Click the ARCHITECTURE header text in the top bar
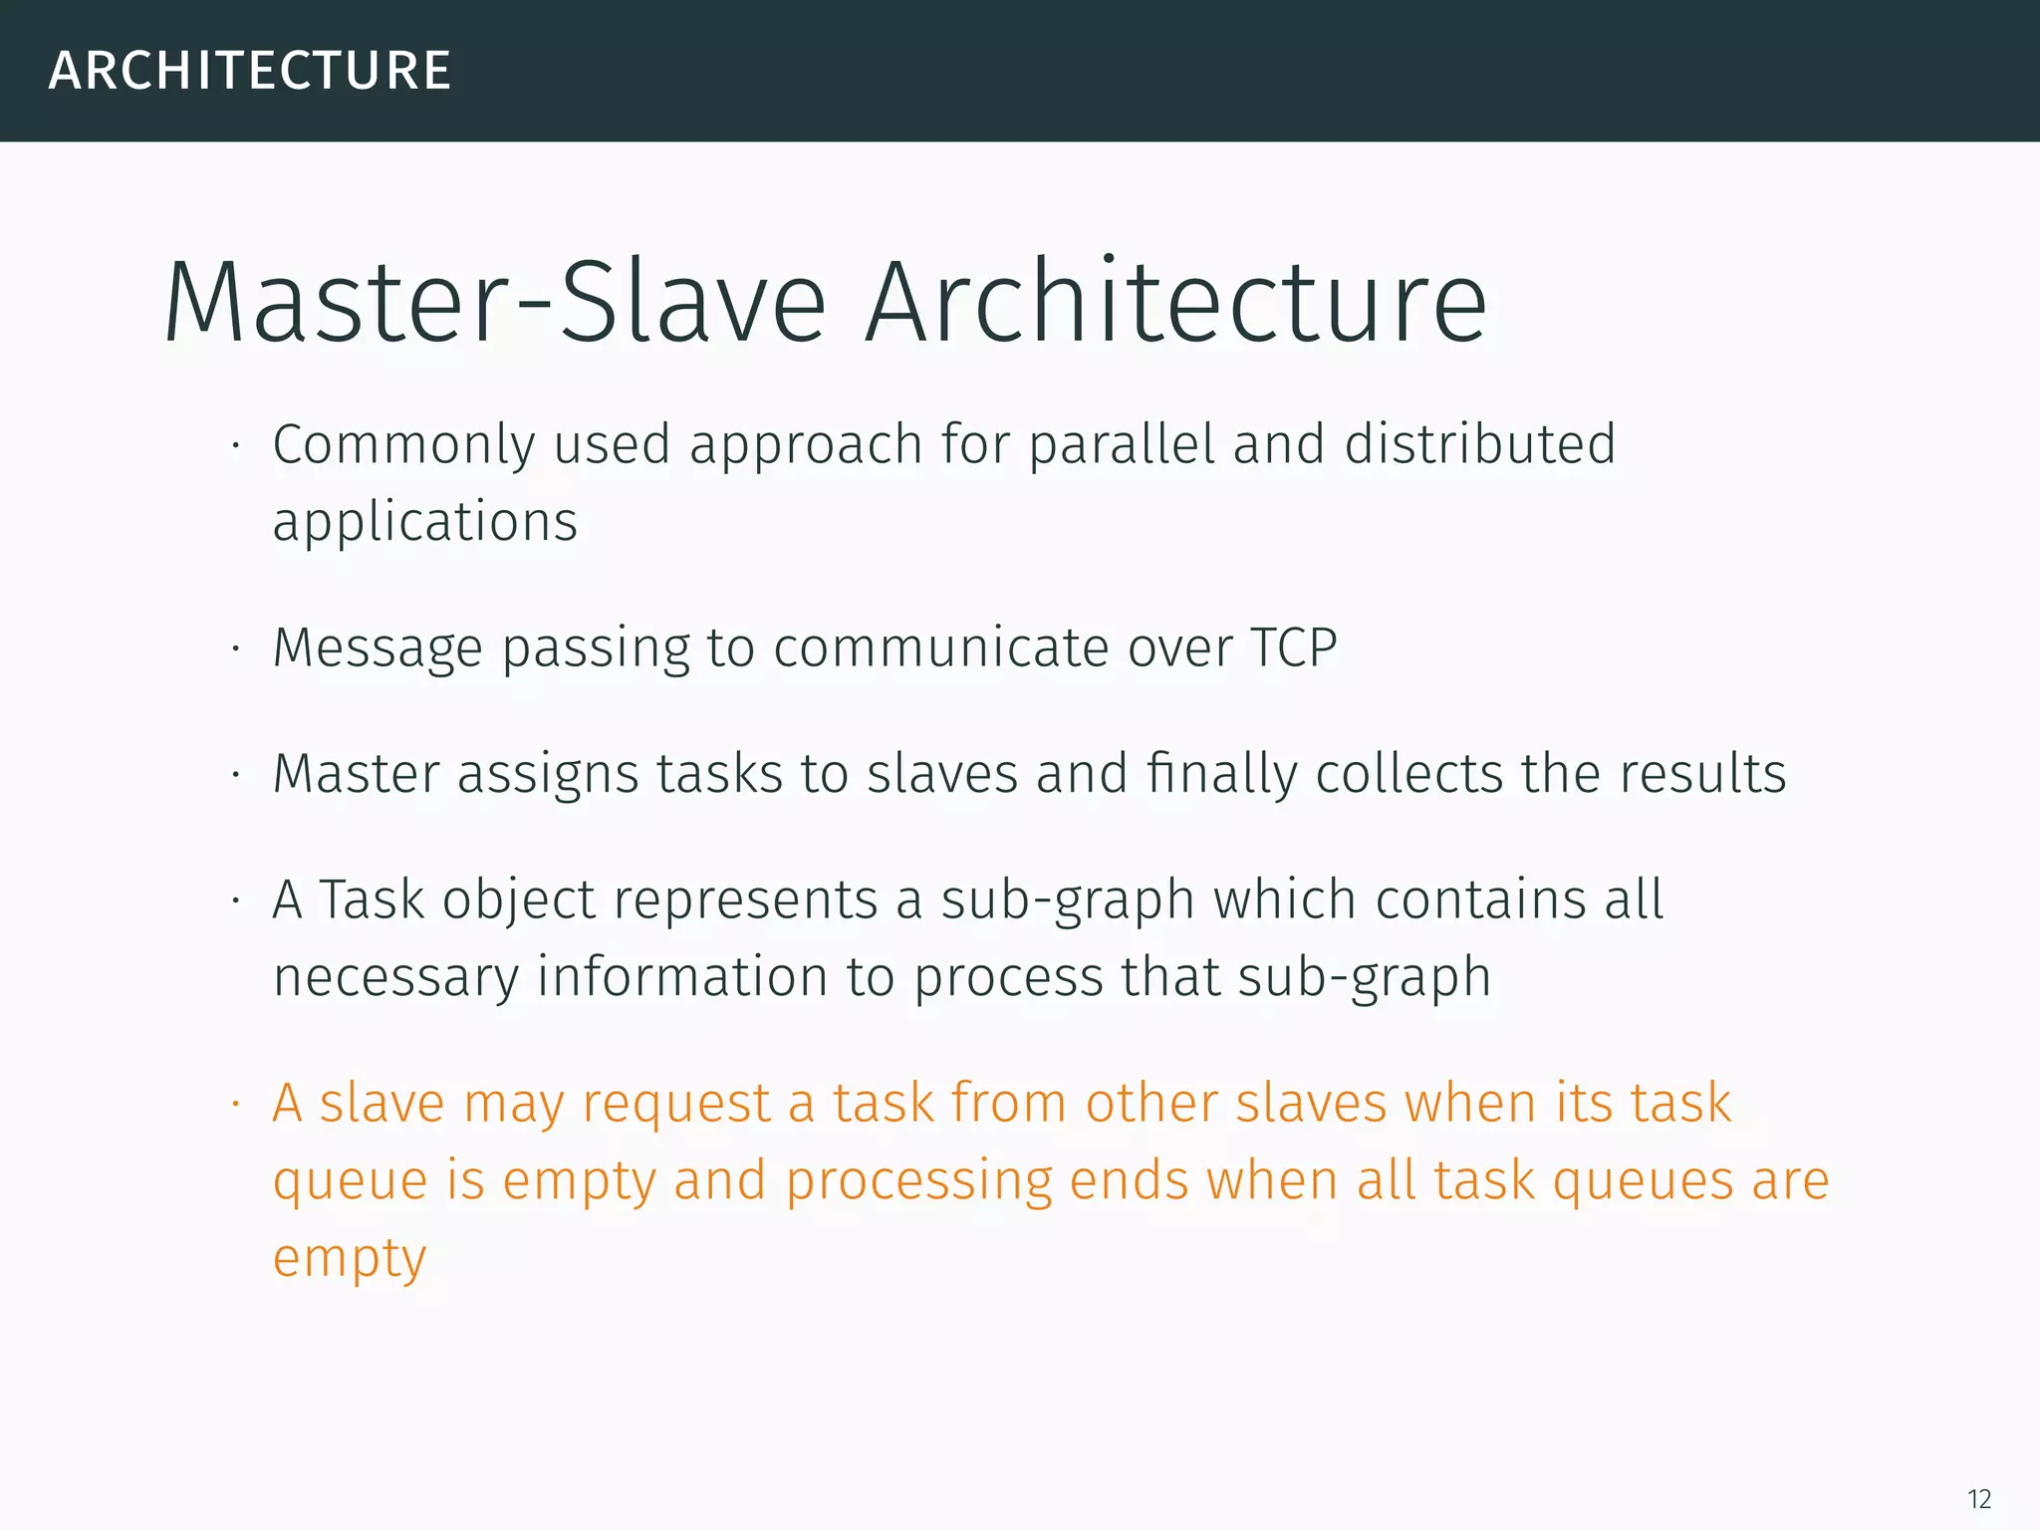click(250, 71)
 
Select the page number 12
click(1978, 1498)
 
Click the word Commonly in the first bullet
click(403, 445)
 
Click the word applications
click(425, 522)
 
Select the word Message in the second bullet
click(378, 649)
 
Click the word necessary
click(396, 977)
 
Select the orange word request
click(676, 1105)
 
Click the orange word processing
click(918, 1182)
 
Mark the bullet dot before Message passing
click(236, 649)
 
